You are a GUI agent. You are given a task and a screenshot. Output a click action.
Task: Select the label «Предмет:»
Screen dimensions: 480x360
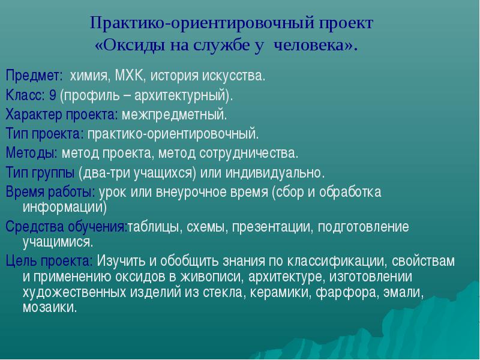34,76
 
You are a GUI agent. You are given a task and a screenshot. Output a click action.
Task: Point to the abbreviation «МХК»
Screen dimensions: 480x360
128,76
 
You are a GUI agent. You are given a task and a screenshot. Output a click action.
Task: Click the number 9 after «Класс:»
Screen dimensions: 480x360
53,95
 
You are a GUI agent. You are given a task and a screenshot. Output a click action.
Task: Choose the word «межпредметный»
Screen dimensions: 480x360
174,115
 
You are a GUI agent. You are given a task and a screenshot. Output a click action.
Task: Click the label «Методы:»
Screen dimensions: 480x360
32,153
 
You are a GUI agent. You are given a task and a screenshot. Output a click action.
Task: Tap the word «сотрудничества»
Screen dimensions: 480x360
248,154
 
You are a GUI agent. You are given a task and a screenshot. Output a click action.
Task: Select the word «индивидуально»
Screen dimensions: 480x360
274,173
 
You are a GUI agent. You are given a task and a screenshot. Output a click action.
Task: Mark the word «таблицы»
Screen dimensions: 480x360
153,227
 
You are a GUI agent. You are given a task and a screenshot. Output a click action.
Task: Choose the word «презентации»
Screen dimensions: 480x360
272,227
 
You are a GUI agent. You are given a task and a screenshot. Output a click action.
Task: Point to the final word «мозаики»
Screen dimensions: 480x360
49,307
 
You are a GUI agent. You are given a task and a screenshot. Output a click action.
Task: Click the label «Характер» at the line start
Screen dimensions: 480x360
34,115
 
